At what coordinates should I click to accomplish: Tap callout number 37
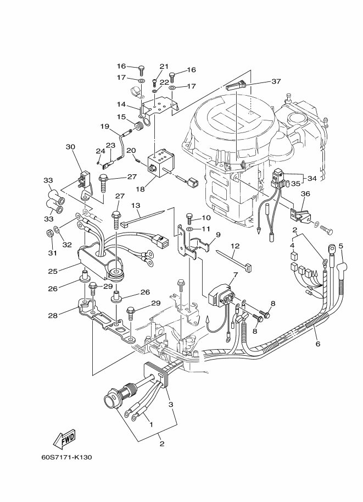tap(276, 81)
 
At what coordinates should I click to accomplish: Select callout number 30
tap(70, 147)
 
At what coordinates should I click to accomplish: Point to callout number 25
tap(53, 271)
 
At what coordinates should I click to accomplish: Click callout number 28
tap(53, 316)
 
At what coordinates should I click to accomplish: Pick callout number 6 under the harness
tap(317, 344)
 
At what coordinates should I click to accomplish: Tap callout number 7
tap(236, 275)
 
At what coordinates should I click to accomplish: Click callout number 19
tap(104, 126)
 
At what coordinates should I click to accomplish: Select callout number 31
tap(53, 253)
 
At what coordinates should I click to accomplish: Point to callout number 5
tap(340, 246)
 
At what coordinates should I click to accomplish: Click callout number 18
tap(139, 189)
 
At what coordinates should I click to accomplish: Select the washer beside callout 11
tap(189, 229)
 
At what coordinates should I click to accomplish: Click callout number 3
tap(171, 404)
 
